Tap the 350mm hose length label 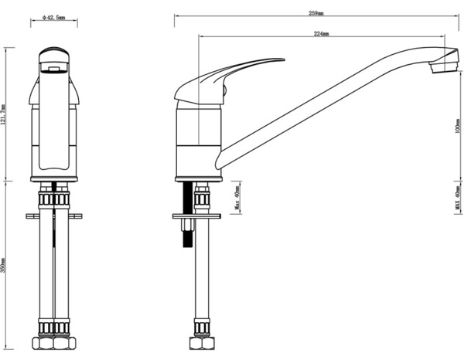[x=5, y=266]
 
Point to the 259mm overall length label [x=316, y=13]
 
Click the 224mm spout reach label [x=322, y=34]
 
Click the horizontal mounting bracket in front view [x=55, y=216]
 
